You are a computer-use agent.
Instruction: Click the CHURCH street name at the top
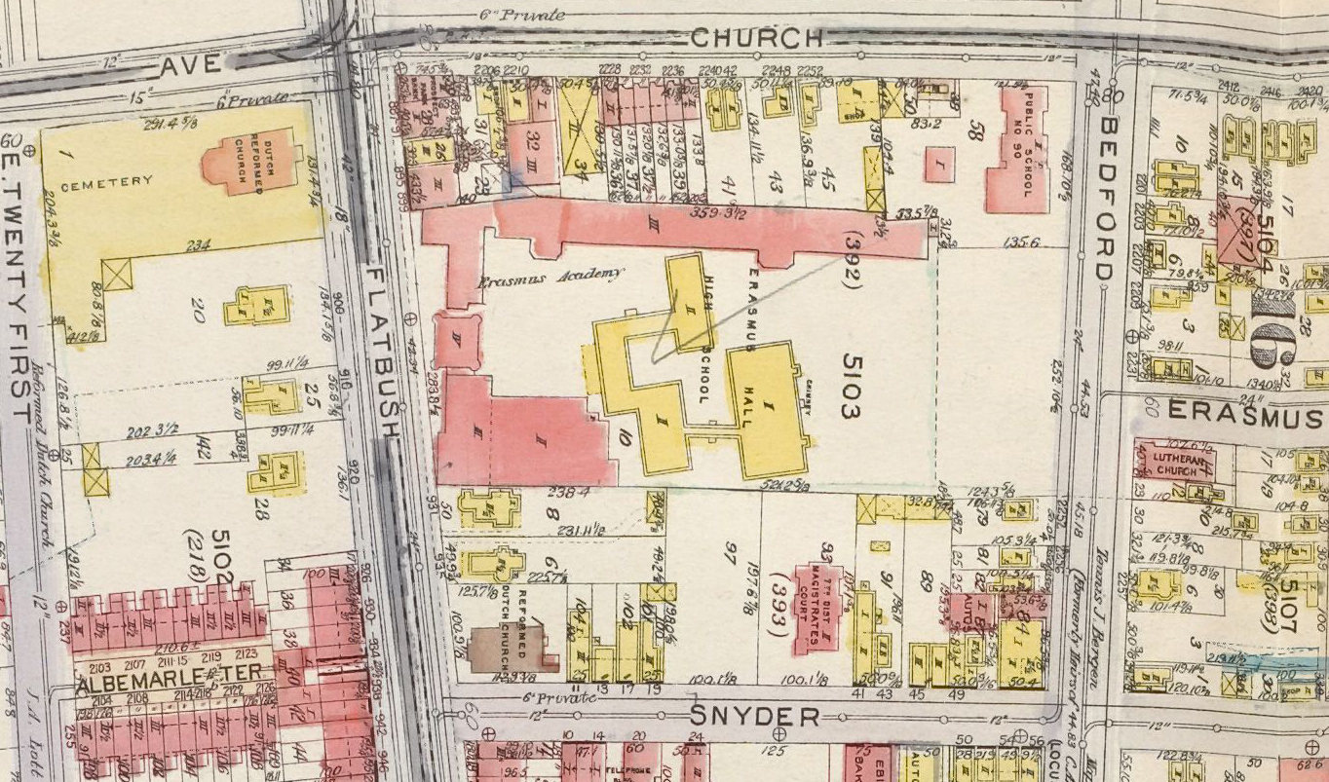[x=757, y=38]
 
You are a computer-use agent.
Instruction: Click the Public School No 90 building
[x=1014, y=149]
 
